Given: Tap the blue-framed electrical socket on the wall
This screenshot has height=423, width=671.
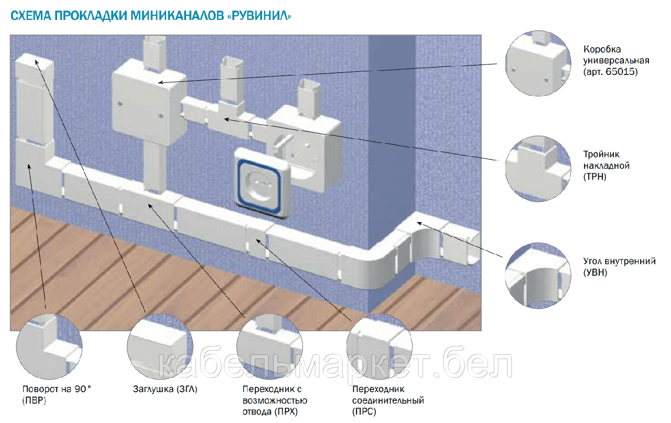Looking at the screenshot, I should pos(261,183).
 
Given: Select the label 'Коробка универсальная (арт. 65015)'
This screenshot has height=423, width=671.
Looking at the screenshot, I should pos(610,61).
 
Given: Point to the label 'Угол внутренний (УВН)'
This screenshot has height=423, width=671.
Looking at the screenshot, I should pos(619,267).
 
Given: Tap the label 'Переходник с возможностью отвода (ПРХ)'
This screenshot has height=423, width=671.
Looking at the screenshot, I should pos(274,400).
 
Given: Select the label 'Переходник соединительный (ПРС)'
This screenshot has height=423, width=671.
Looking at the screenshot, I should pos(388,400).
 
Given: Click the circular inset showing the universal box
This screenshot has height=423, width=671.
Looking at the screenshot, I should pos(538,63).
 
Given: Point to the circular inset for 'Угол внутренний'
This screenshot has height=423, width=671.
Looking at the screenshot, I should pos(538,274).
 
